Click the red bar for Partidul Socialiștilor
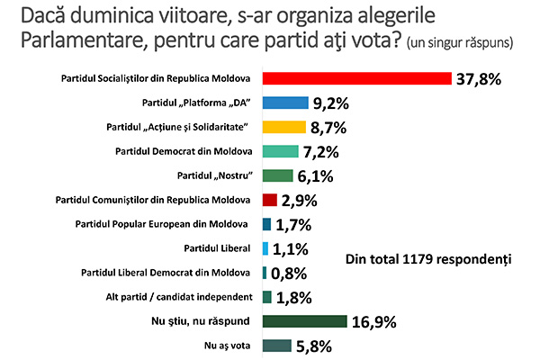pyautogui.click(x=355, y=77)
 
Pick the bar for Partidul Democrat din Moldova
pyautogui.click(x=280, y=150)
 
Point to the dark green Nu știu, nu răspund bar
pyautogui.click(x=304, y=320)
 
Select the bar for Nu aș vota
pyautogui.click(x=276, y=345)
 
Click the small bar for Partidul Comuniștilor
pyautogui.click(x=268, y=199)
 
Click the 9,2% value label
pyautogui.click(x=333, y=103)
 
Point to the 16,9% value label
pyautogui.click(x=374, y=321)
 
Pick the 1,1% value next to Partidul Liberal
pyautogui.click(x=291, y=248)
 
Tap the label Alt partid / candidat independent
pyautogui.click(x=175, y=296)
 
